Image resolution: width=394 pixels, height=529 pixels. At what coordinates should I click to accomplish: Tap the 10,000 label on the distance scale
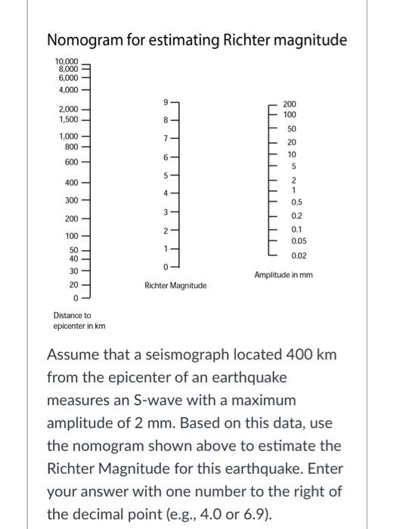pyautogui.click(x=65, y=60)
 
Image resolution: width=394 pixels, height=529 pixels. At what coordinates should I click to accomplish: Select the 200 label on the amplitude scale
pyautogui.click(x=290, y=103)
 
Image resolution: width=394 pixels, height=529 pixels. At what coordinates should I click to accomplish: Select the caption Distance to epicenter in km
pyautogui.click(x=79, y=320)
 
